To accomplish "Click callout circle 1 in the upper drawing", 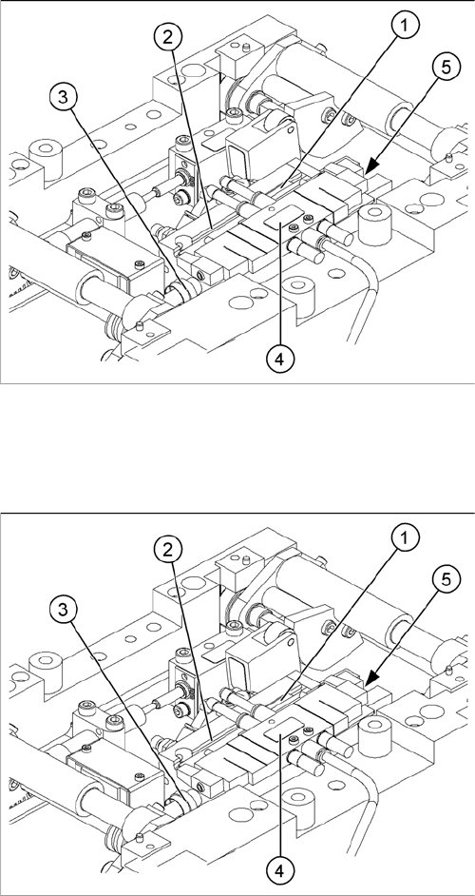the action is click(406, 26).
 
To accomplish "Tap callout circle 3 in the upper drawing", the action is click(63, 98).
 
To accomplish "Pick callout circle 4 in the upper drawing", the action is click(280, 359).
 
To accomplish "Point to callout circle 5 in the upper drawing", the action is click(446, 68).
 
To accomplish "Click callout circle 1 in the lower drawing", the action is click(406, 537).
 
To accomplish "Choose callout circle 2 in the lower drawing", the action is click(167, 550).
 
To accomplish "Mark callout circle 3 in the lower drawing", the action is click(63, 610).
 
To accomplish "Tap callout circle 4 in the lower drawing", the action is click(280, 871).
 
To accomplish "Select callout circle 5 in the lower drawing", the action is click(446, 579).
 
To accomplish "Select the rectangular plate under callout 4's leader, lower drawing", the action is click(283, 730).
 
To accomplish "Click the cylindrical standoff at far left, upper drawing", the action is click(45, 153).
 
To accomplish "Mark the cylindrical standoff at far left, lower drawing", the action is click(45, 665).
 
